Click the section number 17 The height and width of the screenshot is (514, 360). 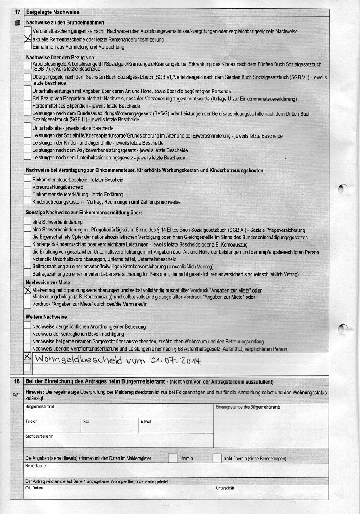[x=17, y=13]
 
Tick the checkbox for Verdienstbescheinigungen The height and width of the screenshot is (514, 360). [x=28, y=31]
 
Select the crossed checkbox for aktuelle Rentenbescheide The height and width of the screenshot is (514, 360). [x=28, y=39]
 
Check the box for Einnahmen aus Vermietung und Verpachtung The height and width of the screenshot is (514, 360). [x=28, y=46]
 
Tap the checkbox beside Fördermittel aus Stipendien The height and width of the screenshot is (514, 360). [x=28, y=106]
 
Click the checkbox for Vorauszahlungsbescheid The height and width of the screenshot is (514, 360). [x=28, y=187]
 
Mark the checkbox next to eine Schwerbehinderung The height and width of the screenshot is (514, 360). [x=28, y=221]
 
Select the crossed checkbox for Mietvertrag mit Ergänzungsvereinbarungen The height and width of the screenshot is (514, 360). [x=28, y=290]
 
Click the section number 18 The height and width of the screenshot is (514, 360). [x=17, y=381]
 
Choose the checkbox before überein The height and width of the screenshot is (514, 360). [x=172, y=458]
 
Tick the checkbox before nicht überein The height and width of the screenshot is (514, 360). [x=217, y=458]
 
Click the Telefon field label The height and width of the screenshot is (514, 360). [x=32, y=421]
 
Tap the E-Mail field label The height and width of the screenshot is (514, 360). [x=146, y=421]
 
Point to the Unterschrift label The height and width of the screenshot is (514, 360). [x=225, y=488]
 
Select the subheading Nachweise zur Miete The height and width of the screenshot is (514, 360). [x=49, y=283]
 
